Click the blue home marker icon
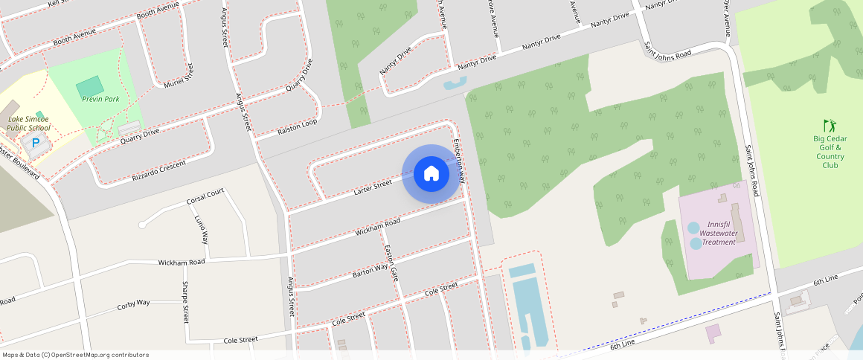(x=431, y=174)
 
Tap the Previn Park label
(x=100, y=99)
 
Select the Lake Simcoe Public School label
(x=28, y=123)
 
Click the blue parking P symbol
(x=35, y=142)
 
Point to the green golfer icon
(x=830, y=126)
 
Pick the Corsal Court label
(x=205, y=197)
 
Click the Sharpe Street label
(x=186, y=302)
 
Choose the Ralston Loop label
(x=298, y=126)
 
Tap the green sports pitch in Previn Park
(x=90, y=85)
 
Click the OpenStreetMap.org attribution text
(x=74, y=355)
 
